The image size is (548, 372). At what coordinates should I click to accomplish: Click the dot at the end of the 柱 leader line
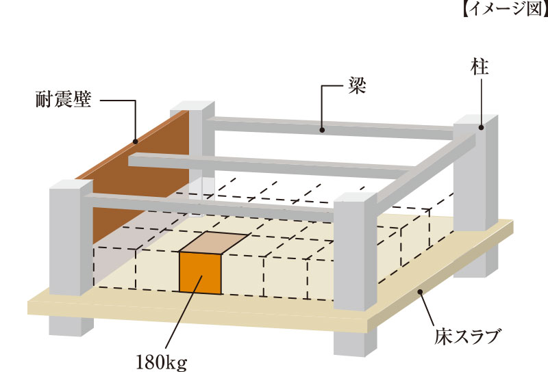pyautogui.click(x=482, y=127)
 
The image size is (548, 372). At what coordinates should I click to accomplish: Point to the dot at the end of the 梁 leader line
pyautogui.click(x=322, y=127)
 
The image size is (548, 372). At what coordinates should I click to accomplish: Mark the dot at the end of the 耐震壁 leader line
pyautogui.click(x=135, y=142)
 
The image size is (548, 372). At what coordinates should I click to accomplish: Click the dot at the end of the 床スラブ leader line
pyautogui.click(x=420, y=292)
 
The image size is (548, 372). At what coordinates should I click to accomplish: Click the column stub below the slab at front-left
pyautogui.click(x=72, y=325)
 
